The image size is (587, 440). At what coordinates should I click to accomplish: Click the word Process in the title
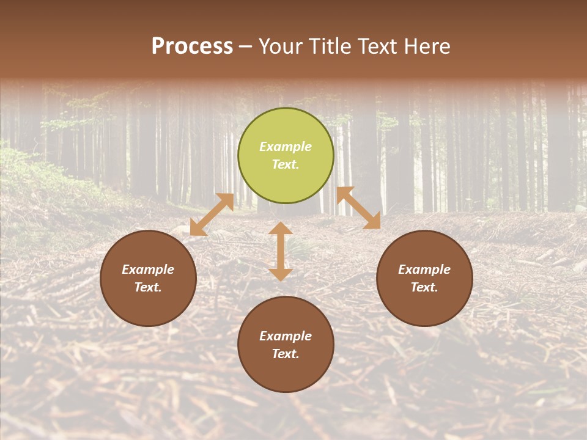(x=192, y=46)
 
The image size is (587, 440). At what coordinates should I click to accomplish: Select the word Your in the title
(x=279, y=46)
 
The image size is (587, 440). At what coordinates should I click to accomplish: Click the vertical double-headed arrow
(x=281, y=251)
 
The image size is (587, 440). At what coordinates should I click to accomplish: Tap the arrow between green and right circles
(x=359, y=208)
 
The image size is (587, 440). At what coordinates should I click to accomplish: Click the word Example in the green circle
(x=286, y=147)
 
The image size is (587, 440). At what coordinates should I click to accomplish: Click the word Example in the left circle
(x=148, y=269)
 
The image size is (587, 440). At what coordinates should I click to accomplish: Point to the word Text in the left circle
(x=148, y=287)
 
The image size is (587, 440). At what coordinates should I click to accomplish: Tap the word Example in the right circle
(x=424, y=269)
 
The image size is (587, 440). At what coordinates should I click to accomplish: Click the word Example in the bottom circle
(x=286, y=336)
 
